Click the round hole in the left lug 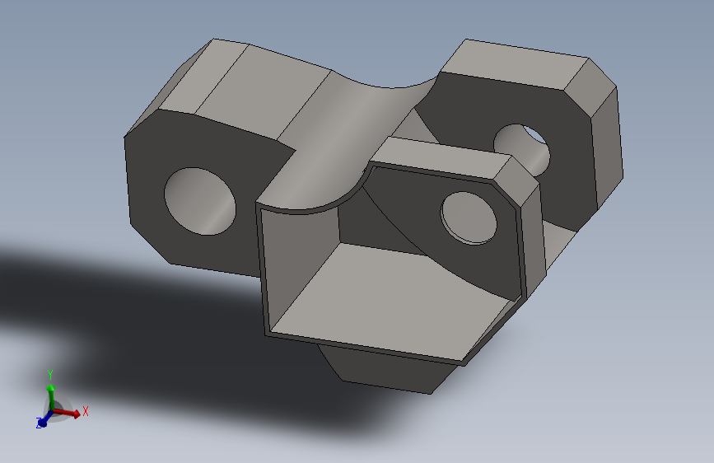pyautogui.click(x=200, y=201)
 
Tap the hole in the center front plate pyautogui.click(x=469, y=217)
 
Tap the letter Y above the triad pyautogui.click(x=50, y=373)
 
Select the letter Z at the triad pyautogui.click(x=38, y=424)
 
